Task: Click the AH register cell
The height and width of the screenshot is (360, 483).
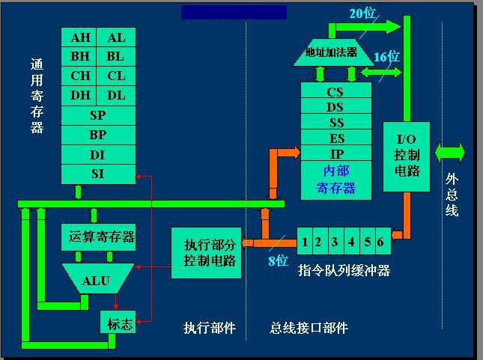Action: click(81, 38)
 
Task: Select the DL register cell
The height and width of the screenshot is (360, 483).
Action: click(116, 95)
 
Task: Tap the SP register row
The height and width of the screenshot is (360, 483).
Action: click(98, 116)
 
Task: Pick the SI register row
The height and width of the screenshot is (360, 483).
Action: click(98, 174)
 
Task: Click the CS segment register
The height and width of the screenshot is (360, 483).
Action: click(335, 92)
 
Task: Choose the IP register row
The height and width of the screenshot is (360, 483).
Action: click(335, 153)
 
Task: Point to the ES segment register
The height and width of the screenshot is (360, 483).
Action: click(335, 138)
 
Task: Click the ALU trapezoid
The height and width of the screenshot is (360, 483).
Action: click(97, 281)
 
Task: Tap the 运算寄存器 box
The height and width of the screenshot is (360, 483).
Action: click(98, 237)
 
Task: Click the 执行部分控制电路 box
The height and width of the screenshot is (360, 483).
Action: click(207, 253)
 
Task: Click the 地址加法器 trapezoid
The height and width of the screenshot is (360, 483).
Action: click(331, 52)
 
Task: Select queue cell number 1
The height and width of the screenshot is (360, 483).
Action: click(305, 242)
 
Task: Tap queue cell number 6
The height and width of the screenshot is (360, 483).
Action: click(380, 242)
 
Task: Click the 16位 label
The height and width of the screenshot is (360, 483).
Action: click(386, 57)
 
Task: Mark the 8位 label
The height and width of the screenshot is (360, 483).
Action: click(278, 261)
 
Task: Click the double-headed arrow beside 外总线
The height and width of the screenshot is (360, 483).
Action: click(449, 153)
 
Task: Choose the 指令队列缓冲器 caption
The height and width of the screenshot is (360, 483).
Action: click(344, 270)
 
